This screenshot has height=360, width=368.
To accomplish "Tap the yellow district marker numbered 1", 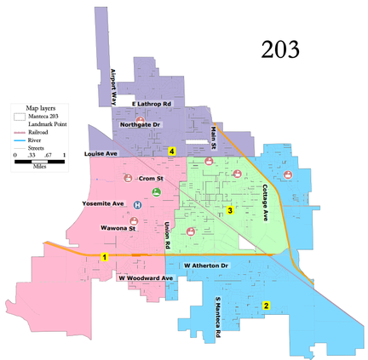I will click(x=105, y=257).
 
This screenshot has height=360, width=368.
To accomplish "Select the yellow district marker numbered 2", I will click(x=266, y=306).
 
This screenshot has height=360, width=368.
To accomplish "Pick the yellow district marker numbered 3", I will click(x=229, y=210).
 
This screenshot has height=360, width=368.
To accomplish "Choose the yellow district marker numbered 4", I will click(x=172, y=151).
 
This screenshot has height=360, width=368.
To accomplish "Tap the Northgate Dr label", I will click(x=141, y=124).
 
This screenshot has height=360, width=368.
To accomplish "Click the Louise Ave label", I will click(x=102, y=154).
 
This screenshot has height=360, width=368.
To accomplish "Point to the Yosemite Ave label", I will click(x=103, y=204).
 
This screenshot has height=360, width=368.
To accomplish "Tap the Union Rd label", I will click(x=168, y=236).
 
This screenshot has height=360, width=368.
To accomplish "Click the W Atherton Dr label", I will click(x=207, y=266).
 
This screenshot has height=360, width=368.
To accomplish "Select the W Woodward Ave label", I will click(x=146, y=278).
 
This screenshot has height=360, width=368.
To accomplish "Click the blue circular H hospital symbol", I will click(x=138, y=204).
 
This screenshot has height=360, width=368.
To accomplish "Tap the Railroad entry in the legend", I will click(x=41, y=133).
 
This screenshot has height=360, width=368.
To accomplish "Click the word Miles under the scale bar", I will click(x=39, y=166).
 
